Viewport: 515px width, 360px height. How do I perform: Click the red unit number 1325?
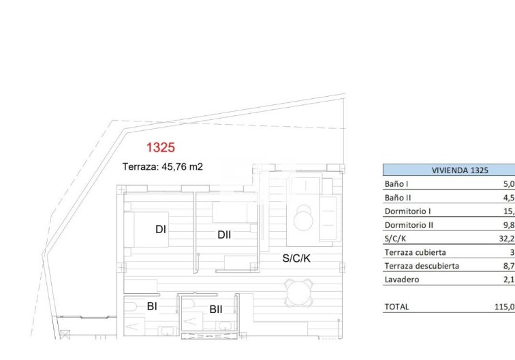[161, 147]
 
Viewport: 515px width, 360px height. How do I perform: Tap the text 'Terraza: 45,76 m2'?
[163, 166]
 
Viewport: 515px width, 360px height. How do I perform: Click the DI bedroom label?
[161, 230]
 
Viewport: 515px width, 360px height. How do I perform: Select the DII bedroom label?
[224, 235]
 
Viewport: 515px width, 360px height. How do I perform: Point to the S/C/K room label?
[296, 258]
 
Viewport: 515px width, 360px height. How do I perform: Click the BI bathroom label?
[152, 307]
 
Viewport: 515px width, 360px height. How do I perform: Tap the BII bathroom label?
[215, 310]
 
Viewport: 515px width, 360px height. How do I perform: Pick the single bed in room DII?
[234, 213]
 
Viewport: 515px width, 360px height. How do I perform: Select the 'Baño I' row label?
[396, 184]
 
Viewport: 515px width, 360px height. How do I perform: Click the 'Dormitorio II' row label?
[409, 225]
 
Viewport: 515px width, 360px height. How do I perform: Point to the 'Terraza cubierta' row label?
[415, 252]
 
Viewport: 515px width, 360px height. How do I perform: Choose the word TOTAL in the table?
[396, 307]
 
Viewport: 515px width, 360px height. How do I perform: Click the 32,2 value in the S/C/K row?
[504, 239]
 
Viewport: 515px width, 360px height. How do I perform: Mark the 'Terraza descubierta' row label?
[422, 266]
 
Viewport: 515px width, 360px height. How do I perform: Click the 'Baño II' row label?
[398, 198]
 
